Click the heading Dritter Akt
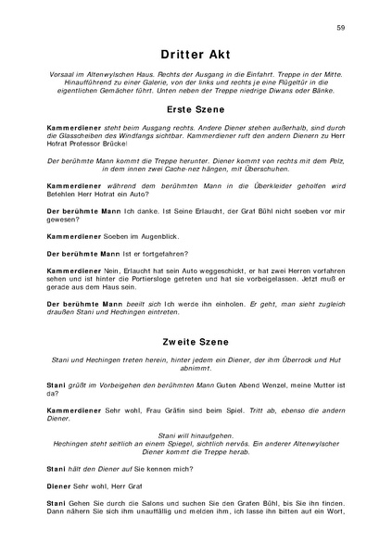click(x=196, y=55)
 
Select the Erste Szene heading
click(x=196, y=108)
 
